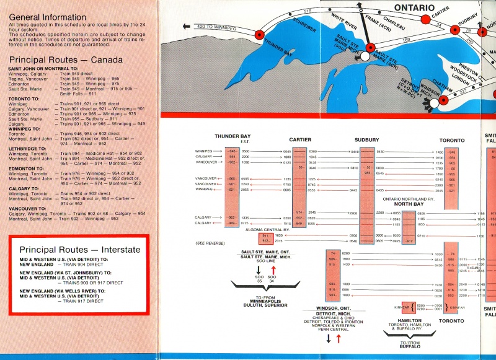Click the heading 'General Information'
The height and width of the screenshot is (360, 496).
(50, 15)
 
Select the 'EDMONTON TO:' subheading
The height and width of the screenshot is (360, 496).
(27, 168)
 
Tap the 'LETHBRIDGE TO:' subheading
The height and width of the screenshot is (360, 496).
(29, 149)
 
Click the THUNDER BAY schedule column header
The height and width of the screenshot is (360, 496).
(232, 136)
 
